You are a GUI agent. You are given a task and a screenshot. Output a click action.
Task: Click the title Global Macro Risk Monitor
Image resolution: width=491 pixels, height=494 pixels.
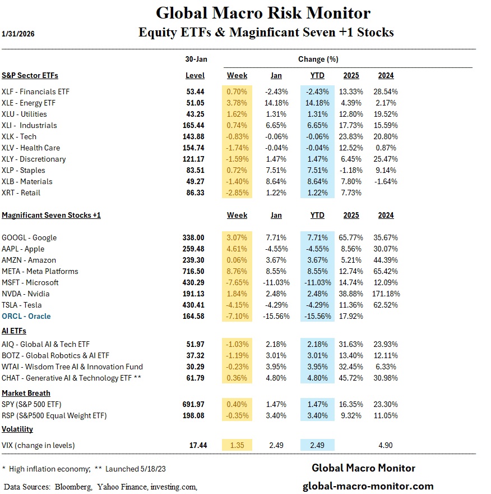[x=263, y=13]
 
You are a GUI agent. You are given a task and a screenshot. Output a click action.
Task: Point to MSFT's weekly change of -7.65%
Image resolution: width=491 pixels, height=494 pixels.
[x=237, y=282]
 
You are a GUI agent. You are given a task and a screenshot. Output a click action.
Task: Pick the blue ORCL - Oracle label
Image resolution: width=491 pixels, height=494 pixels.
[x=26, y=316]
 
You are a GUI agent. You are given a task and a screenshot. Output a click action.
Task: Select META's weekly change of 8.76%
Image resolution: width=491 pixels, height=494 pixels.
[x=237, y=271]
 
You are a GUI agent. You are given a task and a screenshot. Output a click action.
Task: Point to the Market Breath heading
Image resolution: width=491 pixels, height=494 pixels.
[x=26, y=393]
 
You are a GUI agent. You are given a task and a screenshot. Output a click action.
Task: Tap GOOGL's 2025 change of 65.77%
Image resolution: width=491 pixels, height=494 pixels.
[x=352, y=237]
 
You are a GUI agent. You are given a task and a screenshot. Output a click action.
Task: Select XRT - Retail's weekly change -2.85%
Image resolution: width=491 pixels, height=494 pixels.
[x=237, y=193]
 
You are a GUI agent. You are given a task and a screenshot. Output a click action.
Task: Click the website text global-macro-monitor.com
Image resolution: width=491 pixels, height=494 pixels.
[x=368, y=486]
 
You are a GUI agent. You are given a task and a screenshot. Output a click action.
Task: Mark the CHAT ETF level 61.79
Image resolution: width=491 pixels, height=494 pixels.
[x=196, y=378]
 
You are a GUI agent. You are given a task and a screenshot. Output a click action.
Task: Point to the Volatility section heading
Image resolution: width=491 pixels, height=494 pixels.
[x=17, y=429]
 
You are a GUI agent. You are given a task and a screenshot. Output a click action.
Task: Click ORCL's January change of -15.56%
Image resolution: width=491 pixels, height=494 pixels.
[x=276, y=316]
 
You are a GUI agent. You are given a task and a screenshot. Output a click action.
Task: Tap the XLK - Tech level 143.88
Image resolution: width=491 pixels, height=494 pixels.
[x=194, y=136]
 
